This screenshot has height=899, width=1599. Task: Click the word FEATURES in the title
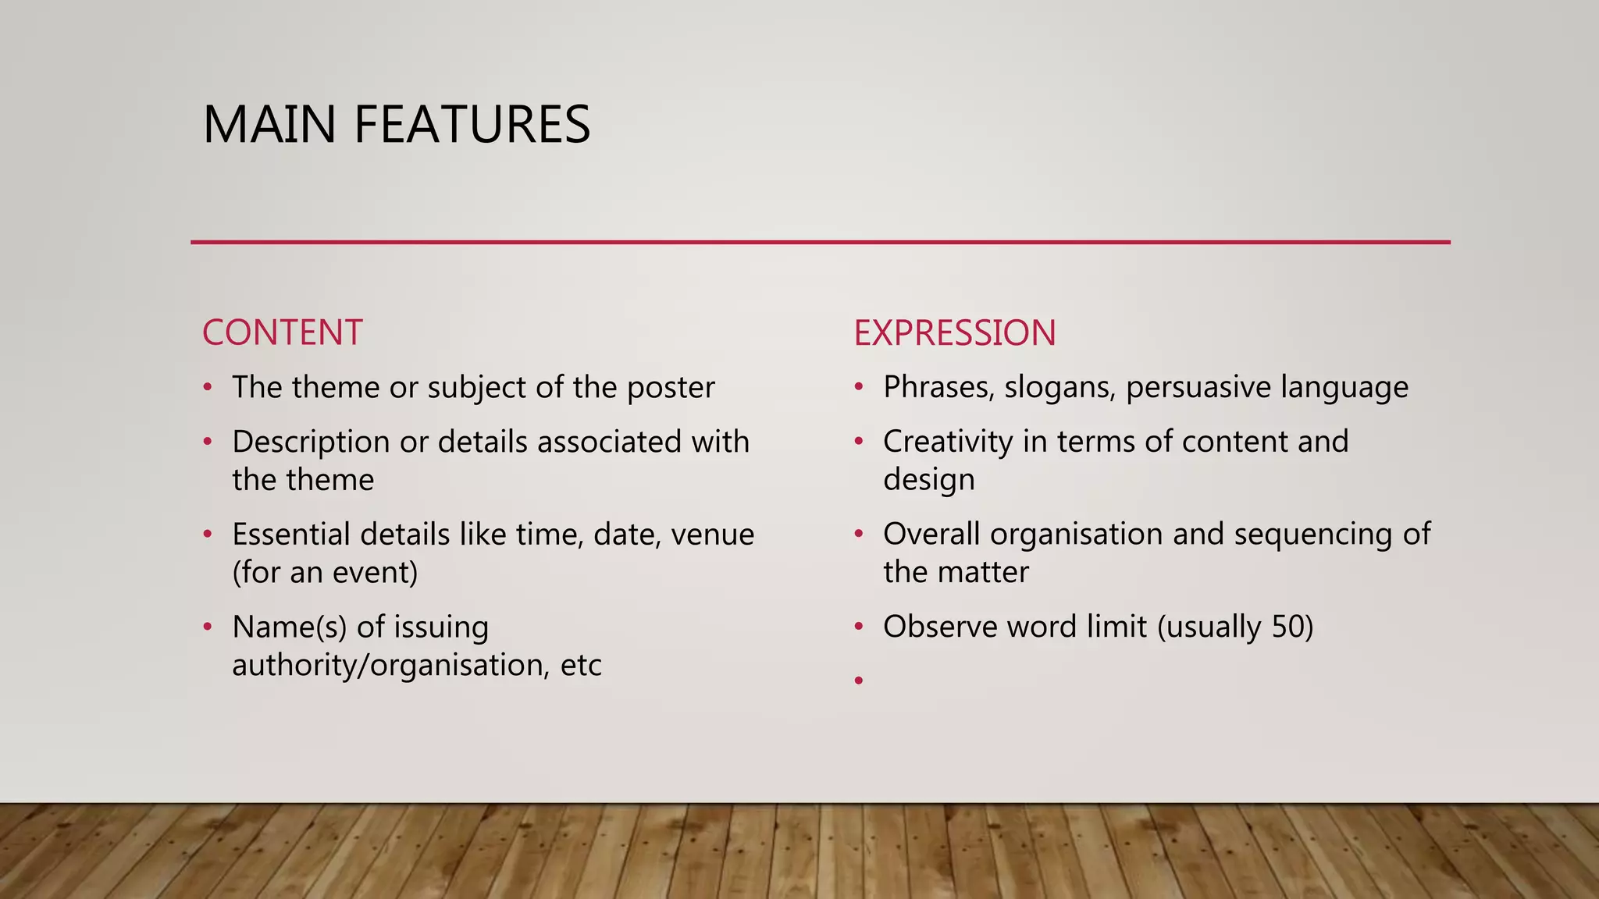pos(472,125)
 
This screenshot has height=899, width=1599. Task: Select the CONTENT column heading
pos(282,333)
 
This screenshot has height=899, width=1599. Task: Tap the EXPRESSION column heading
pos(954,333)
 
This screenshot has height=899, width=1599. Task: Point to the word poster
pos(671,388)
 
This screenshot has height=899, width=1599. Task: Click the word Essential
pos(291,535)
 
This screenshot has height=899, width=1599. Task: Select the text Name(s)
pos(289,627)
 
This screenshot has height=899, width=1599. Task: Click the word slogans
pos(1059,388)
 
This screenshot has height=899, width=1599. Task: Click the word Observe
pos(940,627)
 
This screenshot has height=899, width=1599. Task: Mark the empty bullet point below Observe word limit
pos(859,681)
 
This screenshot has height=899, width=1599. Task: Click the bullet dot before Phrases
pos(859,388)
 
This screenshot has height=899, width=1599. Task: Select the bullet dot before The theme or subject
pos(208,388)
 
